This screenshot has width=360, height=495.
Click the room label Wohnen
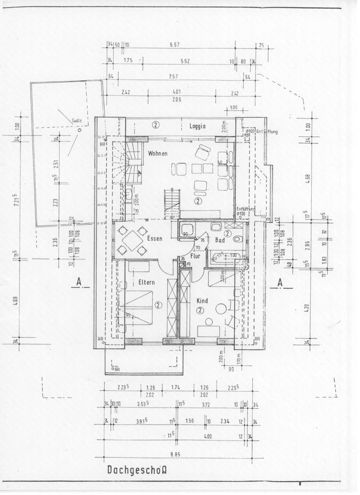coord(157,154)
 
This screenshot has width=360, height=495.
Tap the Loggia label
coord(198,126)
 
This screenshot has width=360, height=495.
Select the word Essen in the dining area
coord(155,238)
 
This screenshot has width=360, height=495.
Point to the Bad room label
coord(220,241)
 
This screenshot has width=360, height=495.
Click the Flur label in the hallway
coord(195,255)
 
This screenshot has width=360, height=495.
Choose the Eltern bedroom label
coord(147,282)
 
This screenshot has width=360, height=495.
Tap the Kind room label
coord(202,300)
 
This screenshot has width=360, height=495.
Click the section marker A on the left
coord(78,282)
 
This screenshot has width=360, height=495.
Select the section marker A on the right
coord(279,282)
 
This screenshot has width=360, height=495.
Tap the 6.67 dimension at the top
coord(174,44)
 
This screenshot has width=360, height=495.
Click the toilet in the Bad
coord(238,238)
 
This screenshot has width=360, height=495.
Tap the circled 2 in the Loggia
coord(156,125)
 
